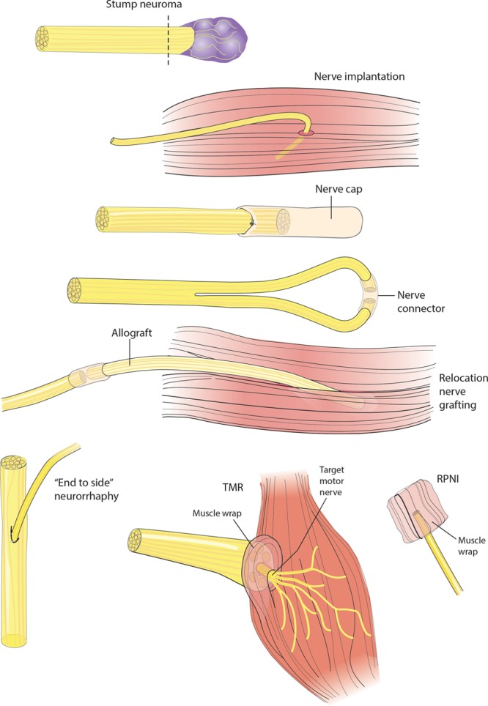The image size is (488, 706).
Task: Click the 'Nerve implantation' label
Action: point(348,76)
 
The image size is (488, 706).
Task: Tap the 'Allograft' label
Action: point(130,332)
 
